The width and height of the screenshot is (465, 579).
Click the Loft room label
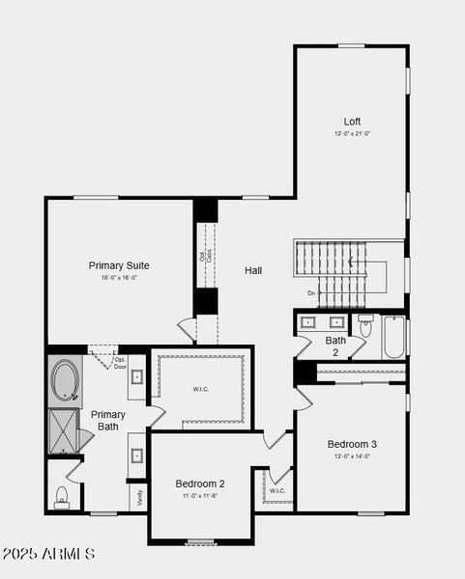tap(352, 122)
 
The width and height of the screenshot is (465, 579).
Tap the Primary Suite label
tap(119, 265)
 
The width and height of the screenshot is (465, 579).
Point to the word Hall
tap(253, 271)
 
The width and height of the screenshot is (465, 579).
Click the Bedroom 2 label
tap(200, 483)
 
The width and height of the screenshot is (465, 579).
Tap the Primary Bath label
tap(108, 420)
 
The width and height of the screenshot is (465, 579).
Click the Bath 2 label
tap(335, 345)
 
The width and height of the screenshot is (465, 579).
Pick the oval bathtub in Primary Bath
tap(66, 379)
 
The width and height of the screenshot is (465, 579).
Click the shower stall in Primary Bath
tap(65, 431)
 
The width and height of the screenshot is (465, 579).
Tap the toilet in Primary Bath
tap(63, 496)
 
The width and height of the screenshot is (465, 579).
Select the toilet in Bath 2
tap(365, 327)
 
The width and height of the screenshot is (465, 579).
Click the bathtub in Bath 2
tap(393, 337)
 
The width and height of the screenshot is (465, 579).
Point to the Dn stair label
tap(311, 292)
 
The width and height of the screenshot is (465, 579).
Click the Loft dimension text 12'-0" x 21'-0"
tap(352, 133)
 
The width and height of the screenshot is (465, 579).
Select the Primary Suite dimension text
tap(119, 278)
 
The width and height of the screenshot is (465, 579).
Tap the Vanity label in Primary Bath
tap(140, 498)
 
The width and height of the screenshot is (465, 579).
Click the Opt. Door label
tap(120, 364)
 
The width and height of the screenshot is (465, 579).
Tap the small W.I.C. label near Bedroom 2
tap(277, 491)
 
